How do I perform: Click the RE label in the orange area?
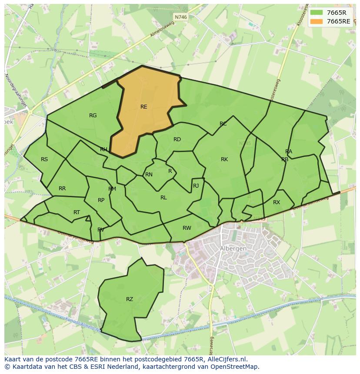(x=143, y=107)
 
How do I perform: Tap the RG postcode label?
(x=93, y=116)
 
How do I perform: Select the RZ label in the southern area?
(x=130, y=299)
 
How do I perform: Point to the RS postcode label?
(x=44, y=159)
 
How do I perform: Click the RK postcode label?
(x=224, y=159)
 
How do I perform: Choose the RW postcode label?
(x=187, y=228)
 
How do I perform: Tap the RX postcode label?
(x=277, y=202)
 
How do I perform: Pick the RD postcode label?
(x=177, y=139)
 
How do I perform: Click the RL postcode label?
(x=163, y=198)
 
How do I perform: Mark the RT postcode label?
(x=77, y=212)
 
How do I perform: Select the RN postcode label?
(x=149, y=175)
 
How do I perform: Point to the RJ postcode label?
(x=196, y=186)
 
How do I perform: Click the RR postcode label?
(x=62, y=189)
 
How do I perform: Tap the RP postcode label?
(x=101, y=200)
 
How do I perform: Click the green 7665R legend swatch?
(x=317, y=13)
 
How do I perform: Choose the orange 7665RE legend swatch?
(x=317, y=21)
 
